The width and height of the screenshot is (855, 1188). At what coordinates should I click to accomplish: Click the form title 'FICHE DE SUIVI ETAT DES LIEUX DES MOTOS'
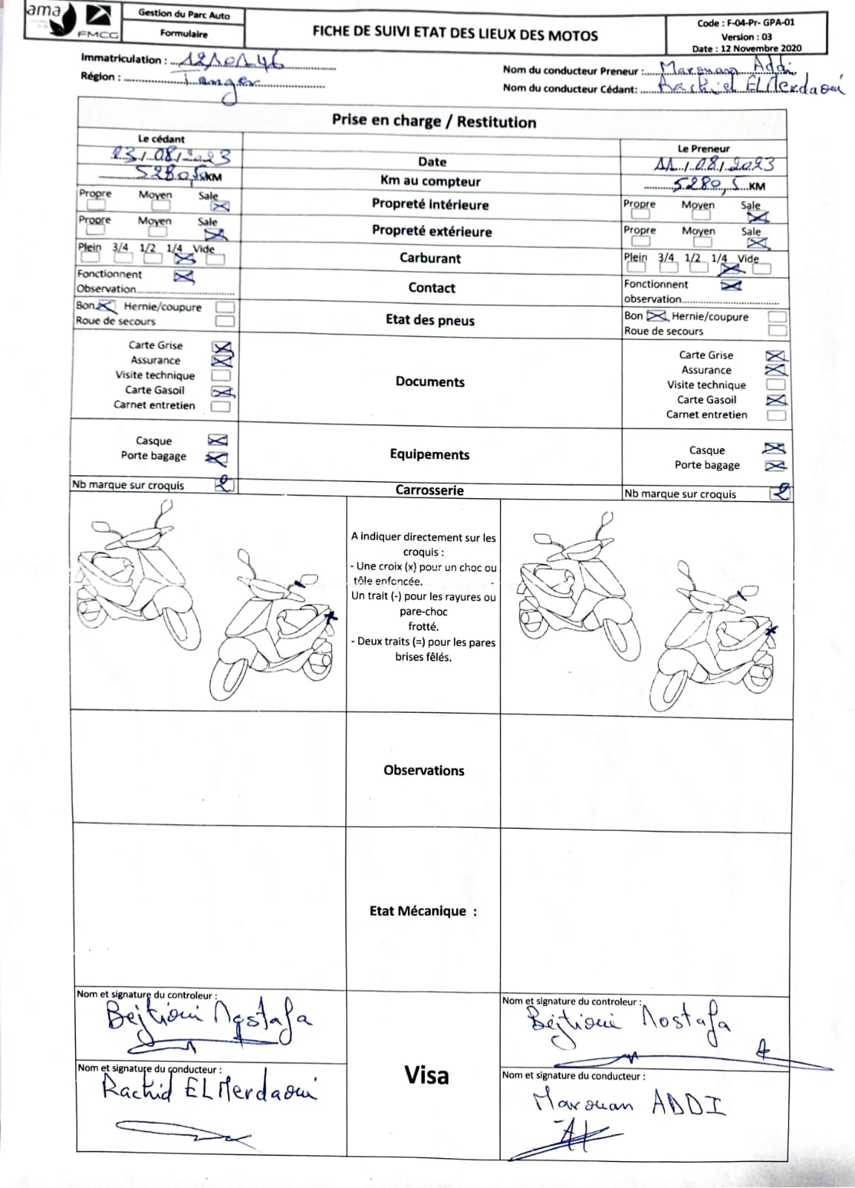(x=455, y=34)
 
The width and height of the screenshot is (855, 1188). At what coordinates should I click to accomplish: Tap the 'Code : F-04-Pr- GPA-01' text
(x=746, y=23)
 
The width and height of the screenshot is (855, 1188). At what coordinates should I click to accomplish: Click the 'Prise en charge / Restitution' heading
(x=433, y=122)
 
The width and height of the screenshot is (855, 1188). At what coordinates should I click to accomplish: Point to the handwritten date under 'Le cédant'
(x=171, y=156)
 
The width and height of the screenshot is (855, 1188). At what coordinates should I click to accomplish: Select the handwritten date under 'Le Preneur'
(x=714, y=164)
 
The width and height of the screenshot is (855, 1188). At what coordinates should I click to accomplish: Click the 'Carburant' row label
(x=430, y=258)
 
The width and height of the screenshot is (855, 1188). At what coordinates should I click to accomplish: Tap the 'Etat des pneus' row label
(x=430, y=320)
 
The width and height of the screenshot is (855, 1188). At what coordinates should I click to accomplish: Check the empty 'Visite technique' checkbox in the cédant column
(x=221, y=376)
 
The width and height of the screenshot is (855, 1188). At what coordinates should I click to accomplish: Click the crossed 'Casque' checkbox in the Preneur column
(x=775, y=448)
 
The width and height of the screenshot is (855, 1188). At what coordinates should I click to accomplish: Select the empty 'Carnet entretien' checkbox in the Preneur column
(x=776, y=415)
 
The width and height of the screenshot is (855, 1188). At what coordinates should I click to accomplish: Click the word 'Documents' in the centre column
(x=430, y=382)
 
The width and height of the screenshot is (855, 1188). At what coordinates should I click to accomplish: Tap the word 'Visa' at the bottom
(x=426, y=1075)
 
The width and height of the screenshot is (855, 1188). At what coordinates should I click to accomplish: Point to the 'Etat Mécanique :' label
(x=423, y=911)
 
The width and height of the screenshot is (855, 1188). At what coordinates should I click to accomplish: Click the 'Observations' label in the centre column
(x=423, y=771)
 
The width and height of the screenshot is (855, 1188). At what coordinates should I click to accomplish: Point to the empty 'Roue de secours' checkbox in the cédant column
(x=224, y=322)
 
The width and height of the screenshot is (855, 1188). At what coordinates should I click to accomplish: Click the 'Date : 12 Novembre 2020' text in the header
(x=747, y=48)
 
